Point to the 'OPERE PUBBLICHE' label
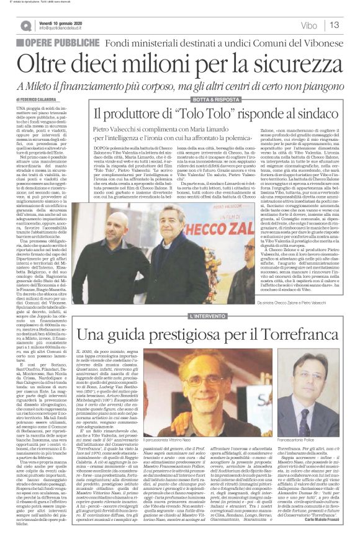coord(62,42)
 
